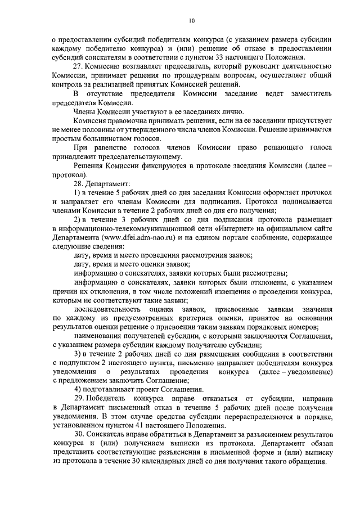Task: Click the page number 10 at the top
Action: tap(191, 21)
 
